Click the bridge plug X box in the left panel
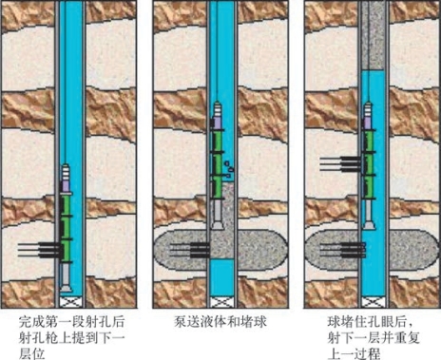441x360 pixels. point(71,302)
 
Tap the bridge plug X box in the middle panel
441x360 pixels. point(222,302)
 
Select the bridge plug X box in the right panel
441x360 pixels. point(374,302)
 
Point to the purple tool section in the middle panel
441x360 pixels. point(217,123)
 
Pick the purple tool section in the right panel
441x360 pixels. point(368,123)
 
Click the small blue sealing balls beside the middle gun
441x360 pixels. point(229,169)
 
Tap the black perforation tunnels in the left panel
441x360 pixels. point(39,250)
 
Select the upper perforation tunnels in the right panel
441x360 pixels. point(341,163)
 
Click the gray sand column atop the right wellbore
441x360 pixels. point(374,35)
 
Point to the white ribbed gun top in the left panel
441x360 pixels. point(66,172)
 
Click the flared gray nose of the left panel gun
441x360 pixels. point(66,288)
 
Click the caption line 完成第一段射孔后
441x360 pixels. point(72,322)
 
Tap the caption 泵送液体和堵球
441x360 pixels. point(220,322)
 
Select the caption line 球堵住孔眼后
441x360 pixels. point(370,322)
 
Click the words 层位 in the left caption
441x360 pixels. point(31,353)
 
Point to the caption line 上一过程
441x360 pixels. point(354,353)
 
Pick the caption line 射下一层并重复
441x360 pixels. point(374,338)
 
